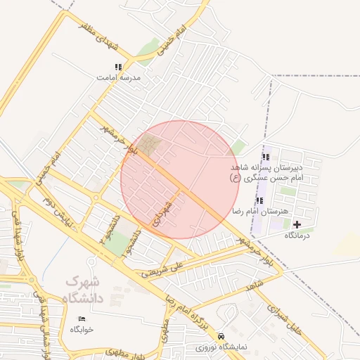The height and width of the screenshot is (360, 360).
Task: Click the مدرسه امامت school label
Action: (x=117, y=78)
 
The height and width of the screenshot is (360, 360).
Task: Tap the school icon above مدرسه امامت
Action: (x=117, y=67)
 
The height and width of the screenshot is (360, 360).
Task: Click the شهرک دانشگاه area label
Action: (x=84, y=290)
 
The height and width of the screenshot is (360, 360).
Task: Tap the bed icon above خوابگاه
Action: (x=82, y=319)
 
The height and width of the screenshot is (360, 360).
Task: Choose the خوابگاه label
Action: (x=82, y=329)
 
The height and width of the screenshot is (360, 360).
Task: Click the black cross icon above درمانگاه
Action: (x=297, y=224)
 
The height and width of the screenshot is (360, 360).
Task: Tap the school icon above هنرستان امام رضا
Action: (x=260, y=200)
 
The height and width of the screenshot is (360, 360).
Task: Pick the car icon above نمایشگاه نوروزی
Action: (x=222, y=336)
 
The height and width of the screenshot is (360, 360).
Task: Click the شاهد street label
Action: (x=254, y=288)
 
